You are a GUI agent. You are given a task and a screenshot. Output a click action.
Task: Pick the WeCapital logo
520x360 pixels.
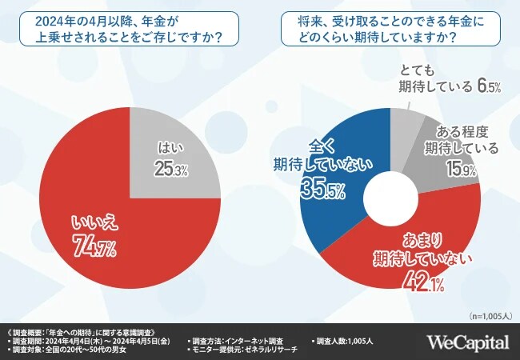pos(468,342)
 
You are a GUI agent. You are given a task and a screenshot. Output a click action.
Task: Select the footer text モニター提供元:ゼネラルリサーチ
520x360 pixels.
pos(245,350)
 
